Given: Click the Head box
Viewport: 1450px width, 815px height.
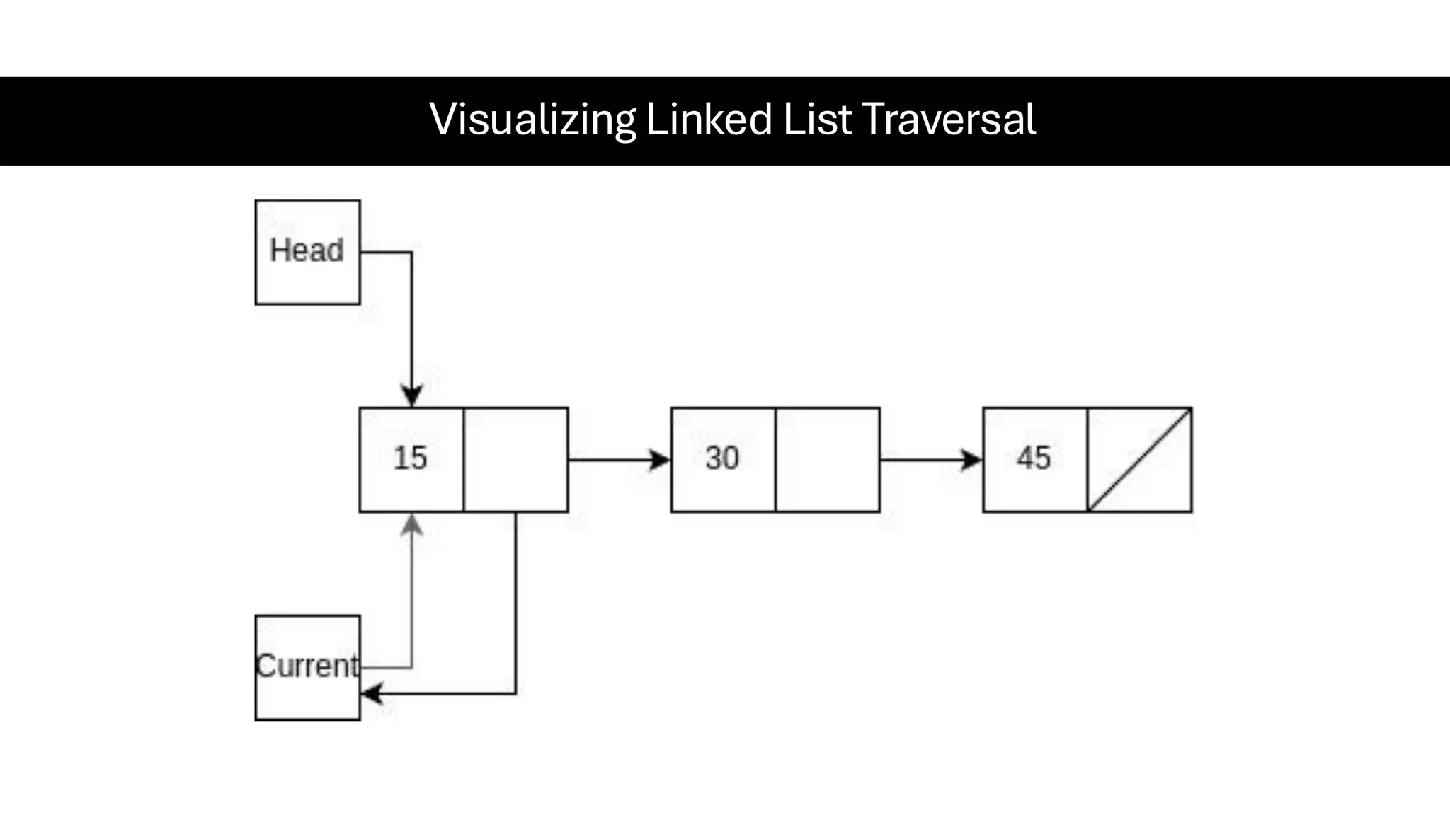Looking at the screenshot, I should click(307, 252).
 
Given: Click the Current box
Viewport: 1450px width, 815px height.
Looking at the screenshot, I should click(307, 667).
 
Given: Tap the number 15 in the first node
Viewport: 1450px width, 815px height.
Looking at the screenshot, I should click(410, 458).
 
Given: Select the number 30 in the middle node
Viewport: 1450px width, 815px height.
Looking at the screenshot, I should click(721, 458).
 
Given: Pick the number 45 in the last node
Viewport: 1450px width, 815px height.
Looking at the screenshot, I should click(1033, 458).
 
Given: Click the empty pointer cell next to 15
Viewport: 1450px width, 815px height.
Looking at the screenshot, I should click(515, 460).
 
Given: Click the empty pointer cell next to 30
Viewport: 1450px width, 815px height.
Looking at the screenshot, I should click(827, 460).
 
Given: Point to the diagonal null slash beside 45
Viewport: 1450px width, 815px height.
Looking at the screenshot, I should click(1139, 460).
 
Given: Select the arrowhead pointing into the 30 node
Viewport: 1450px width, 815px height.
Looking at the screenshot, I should click(661, 460).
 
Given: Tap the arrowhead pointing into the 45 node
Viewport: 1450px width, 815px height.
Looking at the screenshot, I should click(972, 460).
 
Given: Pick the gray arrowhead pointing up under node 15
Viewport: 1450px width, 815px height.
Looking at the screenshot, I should click(412, 524).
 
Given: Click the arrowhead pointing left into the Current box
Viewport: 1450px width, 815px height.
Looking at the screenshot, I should click(371, 693).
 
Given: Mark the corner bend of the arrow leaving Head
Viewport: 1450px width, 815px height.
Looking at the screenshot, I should click(411, 252).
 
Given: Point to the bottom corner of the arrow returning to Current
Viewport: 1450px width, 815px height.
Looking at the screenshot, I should click(515, 693).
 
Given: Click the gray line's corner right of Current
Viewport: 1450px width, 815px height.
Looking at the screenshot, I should click(411, 667).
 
